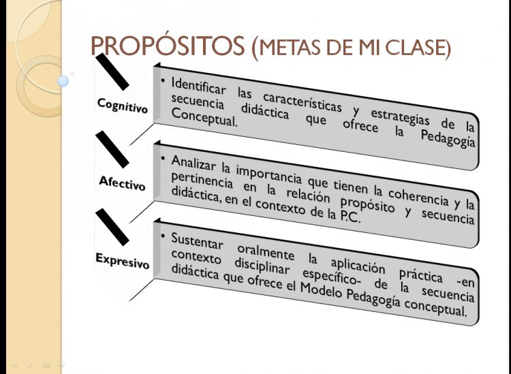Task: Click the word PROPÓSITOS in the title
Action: coord(168,45)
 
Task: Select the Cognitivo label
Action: coord(123,105)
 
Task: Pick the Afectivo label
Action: coord(122,183)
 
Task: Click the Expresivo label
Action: coord(122,261)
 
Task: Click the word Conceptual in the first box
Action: coord(204,118)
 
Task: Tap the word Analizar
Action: coord(193,163)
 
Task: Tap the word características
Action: coord(302,101)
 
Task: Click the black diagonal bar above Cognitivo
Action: coord(112,72)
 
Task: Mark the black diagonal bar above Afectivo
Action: coord(112,150)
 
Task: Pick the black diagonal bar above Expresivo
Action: coord(112,227)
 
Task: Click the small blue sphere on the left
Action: coord(63,81)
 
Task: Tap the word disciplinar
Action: coord(262,266)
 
